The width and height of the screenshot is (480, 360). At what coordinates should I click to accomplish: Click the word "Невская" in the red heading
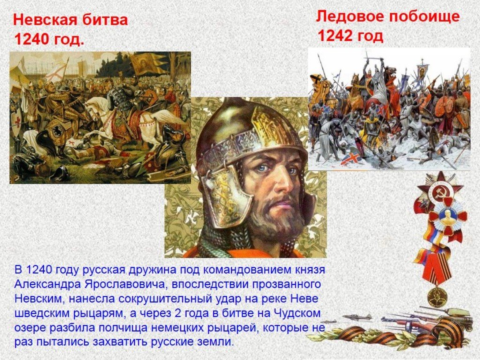click(x=43, y=20)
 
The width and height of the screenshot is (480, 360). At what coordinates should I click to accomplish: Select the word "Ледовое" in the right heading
click(x=350, y=16)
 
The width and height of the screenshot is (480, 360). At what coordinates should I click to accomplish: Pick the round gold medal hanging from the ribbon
click(x=437, y=296)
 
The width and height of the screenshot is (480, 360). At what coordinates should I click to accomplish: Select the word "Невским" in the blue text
click(x=38, y=299)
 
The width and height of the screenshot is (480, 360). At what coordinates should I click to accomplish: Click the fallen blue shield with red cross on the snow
click(x=352, y=158)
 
